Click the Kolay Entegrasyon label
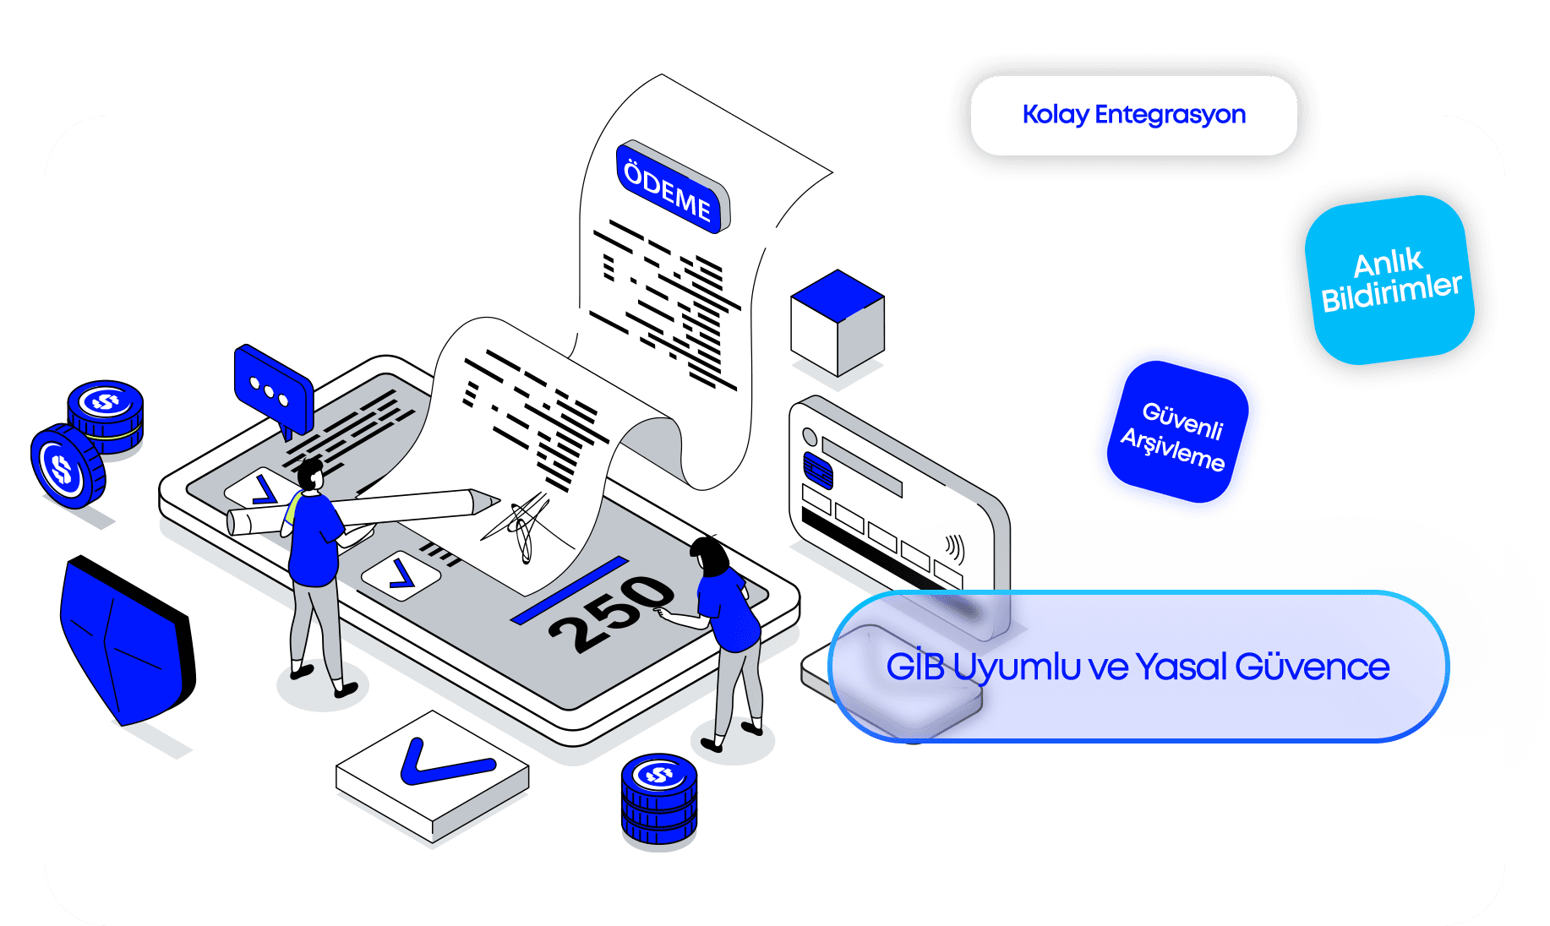(x=1133, y=115)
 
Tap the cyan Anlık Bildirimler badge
(x=1389, y=280)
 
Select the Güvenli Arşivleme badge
(x=1177, y=432)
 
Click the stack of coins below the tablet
(x=659, y=798)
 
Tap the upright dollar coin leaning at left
(x=66, y=467)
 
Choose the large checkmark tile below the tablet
(x=433, y=773)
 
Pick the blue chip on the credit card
(x=817, y=471)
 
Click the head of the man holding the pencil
(x=310, y=474)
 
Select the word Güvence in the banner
(x=1312, y=667)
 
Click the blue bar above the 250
(x=570, y=590)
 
